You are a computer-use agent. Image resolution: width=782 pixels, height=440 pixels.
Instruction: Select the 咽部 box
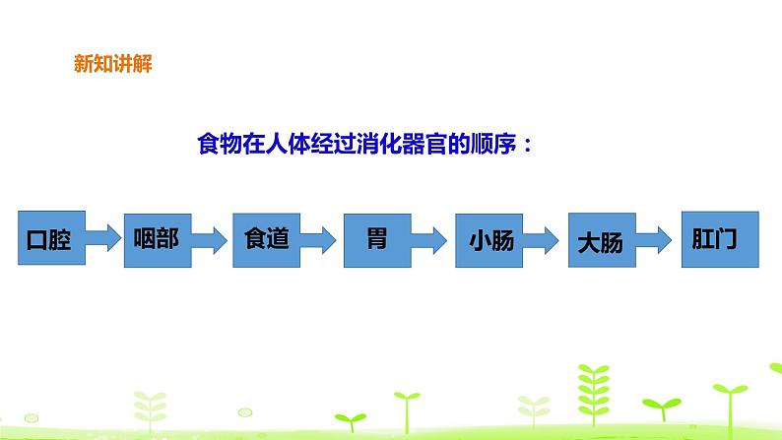(x=156, y=239)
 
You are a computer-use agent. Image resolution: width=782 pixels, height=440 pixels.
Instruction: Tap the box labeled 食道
(x=266, y=239)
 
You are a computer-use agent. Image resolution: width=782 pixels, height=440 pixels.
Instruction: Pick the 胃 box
(x=376, y=239)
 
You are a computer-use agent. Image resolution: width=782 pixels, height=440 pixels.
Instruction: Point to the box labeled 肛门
(x=719, y=239)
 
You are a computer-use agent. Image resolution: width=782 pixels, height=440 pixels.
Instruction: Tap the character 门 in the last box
(x=733, y=240)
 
